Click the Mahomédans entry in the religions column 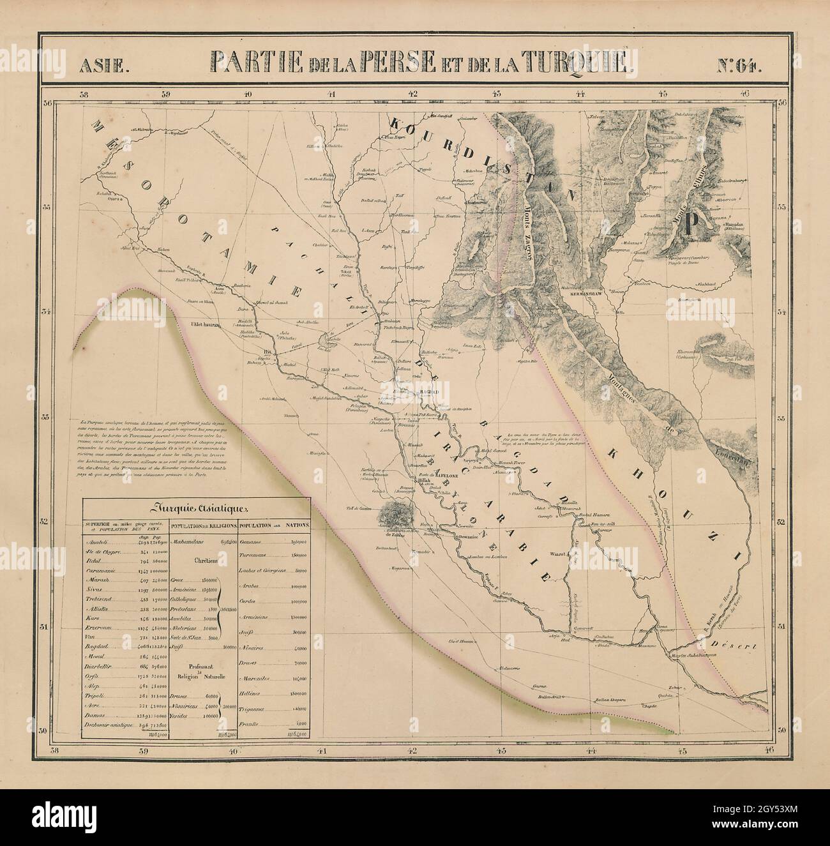pyautogui.click(x=189, y=541)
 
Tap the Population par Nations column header pyautogui.click(x=275, y=525)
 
